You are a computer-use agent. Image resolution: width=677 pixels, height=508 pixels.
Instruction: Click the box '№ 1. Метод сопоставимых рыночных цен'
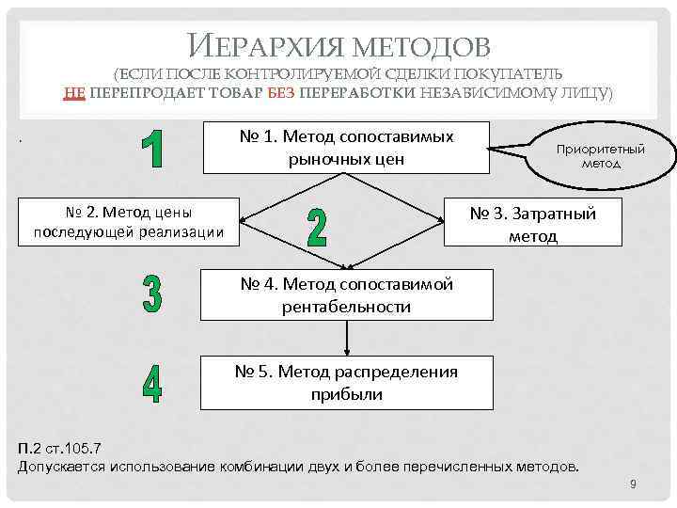tap(346, 148)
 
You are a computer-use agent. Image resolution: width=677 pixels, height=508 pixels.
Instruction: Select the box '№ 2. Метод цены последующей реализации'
tap(128, 222)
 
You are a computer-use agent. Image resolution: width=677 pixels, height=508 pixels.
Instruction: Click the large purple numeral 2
tap(317, 226)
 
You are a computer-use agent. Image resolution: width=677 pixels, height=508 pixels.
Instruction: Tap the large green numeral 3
tap(151, 294)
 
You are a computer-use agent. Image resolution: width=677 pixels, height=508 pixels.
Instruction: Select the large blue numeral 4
tap(151, 381)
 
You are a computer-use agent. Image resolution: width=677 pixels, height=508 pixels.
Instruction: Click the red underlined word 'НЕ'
tap(75, 92)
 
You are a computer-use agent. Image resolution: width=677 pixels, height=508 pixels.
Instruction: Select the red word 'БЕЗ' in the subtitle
tap(282, 92)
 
